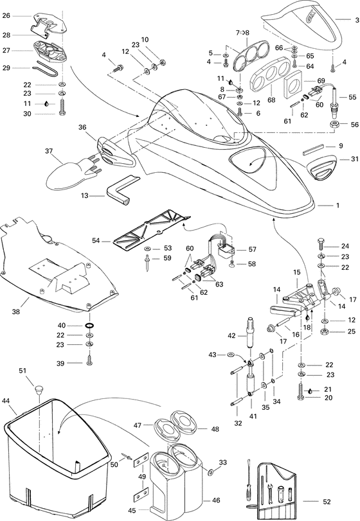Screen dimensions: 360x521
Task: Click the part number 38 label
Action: (x=16, y=312)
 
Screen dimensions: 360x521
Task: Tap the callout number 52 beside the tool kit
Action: (x=327, y=501)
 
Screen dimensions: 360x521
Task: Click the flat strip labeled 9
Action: (x=313, y=150)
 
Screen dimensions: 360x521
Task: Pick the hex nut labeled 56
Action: (x=335, y=125)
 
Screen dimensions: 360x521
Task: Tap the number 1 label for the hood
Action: (x=337, y=206)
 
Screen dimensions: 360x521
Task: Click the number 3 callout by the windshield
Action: (x=357, y=20)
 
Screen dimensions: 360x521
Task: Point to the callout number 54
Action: (x=96, y=240)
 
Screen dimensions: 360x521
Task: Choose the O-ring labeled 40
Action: (x=89, y=325)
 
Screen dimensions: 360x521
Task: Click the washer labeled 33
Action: (x=211, y=472)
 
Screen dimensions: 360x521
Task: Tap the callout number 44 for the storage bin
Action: (x=6, y=402)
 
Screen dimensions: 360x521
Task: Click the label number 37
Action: (x=49, y=151)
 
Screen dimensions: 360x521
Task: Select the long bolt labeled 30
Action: (x=62, y=107)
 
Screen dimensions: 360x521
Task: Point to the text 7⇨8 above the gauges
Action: (x=242, y=33)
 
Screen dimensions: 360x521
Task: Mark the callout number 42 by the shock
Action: (x=231, y=335)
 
